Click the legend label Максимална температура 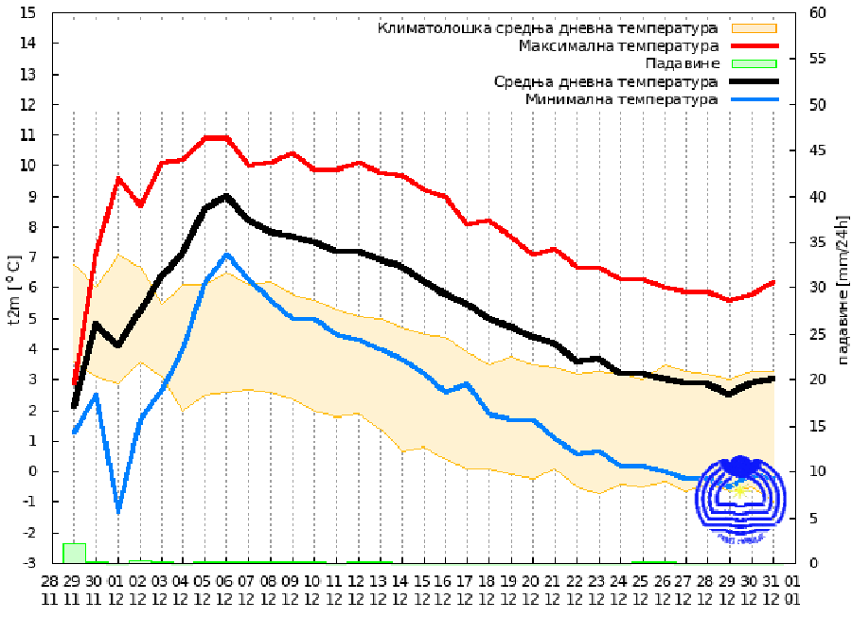coord(618,45)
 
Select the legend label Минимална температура coord(621,99)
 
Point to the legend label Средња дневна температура coord(606,81)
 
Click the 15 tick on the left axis coord(27,13)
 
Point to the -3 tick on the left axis coord(27,563)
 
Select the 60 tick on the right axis coord(818,13)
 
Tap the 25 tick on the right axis coord(818,334)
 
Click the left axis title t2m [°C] coord(12,289)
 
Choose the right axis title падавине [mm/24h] coord(842,289)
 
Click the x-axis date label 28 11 coord(51,589)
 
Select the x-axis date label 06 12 coord(224,589)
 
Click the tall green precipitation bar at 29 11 coord(74,553)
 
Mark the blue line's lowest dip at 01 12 coord(118,510)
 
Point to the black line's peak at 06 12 coord(225,196)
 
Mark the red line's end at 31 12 coord(773,282)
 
